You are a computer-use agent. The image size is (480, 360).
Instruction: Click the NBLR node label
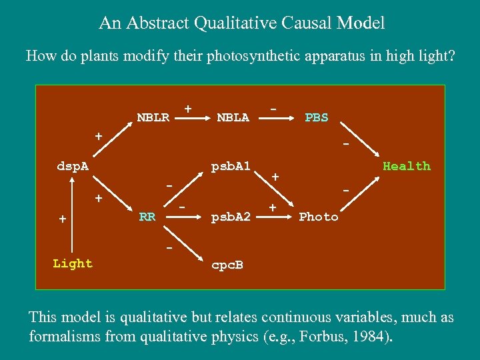pyautogui.click(x=153, y=118)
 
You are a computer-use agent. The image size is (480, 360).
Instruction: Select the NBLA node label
pyautogui.click(x=233, y=118)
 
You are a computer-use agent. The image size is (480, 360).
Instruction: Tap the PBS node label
pyautogui.click(x=316, y=118)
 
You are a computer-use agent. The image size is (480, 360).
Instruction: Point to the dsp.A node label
pyautogui.click(x=73, y=166)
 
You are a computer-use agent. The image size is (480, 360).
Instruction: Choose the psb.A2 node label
pyautogui.click(x=230, y=217)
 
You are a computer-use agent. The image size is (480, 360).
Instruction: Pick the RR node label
pyautogui.click(x=147, y=217)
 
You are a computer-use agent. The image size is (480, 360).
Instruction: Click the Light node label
pyautogui.click(x=73, y=263)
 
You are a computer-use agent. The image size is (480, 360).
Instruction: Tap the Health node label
pyautogui.click(x=406, y=166)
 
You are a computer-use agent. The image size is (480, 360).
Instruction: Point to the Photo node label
pyautogui.click(x=319, y=217)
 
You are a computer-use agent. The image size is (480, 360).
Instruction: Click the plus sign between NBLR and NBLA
pyautogui.click(x=188, y=108)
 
